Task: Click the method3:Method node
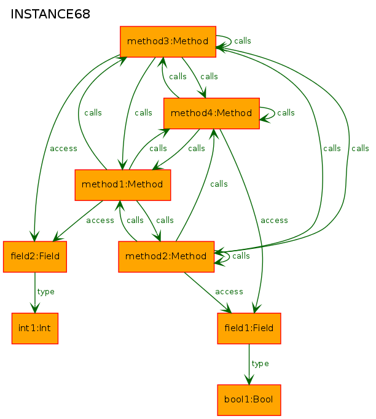tap(168, 42)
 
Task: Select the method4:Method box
tap(211, 113)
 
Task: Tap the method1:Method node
tap(123, 185)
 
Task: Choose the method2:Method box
tap(166, 257)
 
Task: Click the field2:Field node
tap(35, 257)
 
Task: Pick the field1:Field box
tap(249, 328)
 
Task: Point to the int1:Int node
tap(35, 328)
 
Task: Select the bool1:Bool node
tap(249, 400)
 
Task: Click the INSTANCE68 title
tap(50, 14)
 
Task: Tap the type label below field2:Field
tap(45, 292)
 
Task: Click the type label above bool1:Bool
tap(260, 364)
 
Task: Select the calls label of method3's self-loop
tap(243, 41)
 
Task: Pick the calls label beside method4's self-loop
tap(286, 112)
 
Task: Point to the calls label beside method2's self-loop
tap(241, 256)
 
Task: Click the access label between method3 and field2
tap(64, 149)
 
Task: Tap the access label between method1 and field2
tap(100, 221)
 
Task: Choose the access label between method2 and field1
tap(229, 292)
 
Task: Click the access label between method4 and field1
tap(274, 221)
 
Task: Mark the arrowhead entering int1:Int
tap(35, 308)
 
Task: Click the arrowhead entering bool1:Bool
tap(249, 380)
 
